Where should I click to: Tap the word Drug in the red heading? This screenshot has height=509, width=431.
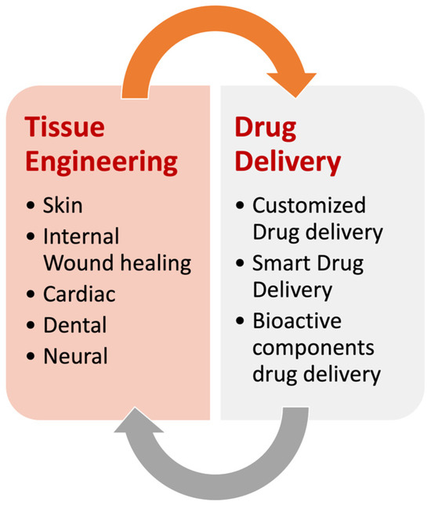pyautogui.click(x=264, y=126)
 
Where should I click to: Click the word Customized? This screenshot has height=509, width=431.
pyautogui.click(x=309, y=205)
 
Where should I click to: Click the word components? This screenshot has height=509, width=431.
pyautogui.click(x=313, y=348)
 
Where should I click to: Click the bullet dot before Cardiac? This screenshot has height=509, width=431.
pyautogui.click(x=31, y=295)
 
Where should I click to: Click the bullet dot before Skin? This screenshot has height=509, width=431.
pyautogui.click(x=31, y=206)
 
